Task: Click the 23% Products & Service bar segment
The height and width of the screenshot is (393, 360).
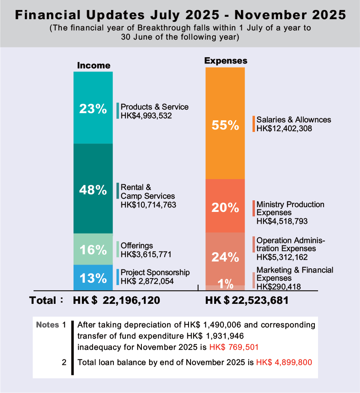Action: coord(93,108)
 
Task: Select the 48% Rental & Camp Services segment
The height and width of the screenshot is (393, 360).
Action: coord(93,189)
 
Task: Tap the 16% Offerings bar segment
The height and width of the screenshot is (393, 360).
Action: coord(93,249)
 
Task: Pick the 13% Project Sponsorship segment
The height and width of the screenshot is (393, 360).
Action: coord(93,277)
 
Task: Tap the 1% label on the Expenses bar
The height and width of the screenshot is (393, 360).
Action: coord(226,284)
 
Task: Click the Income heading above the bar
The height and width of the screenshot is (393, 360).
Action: coord(93,65)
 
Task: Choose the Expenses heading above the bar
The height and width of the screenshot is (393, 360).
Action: coord(226,61)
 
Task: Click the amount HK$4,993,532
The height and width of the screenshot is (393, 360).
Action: coord(146,116)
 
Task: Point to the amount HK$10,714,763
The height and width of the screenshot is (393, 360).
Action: coord(148,205)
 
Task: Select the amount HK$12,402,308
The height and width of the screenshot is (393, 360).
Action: coord(284,128)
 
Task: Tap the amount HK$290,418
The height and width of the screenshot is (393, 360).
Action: coord(278,286)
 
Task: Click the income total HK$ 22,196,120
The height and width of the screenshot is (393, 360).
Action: coord(117,301)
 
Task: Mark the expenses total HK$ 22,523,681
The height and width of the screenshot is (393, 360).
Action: coord(247,301)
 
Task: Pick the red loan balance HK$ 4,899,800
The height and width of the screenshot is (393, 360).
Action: coord(284,363)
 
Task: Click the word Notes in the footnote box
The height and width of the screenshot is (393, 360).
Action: coord(47,325)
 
